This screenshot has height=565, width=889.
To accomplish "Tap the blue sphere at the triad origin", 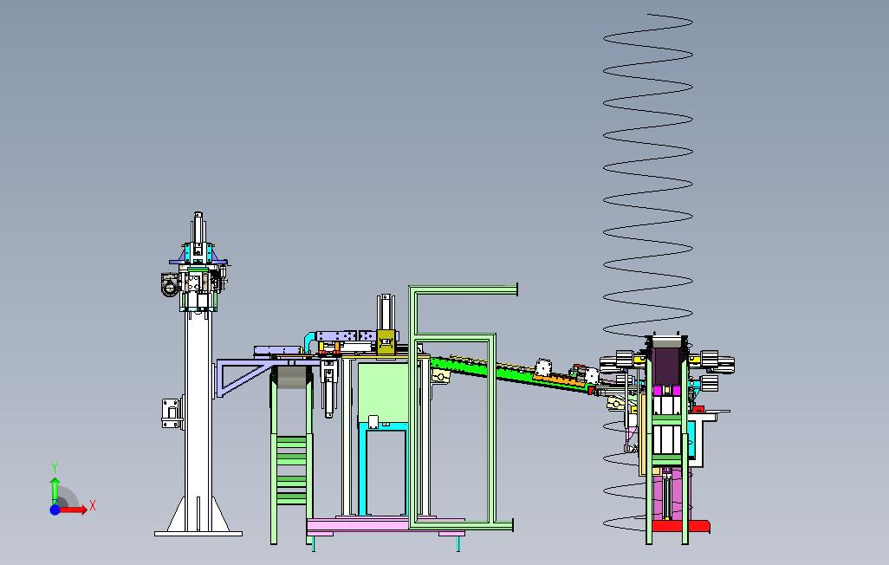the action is (x=55, y=510).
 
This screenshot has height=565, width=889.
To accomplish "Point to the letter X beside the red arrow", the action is (x=93, y=505).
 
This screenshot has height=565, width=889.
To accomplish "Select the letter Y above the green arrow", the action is (x=55, y=468).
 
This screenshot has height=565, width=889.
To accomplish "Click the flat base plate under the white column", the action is (x=198, y=533).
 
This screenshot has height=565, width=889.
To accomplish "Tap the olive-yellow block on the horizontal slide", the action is (x=386, y=342).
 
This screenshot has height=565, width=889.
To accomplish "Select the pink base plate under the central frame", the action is (x=386, y=525).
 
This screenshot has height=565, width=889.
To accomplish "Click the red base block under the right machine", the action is (x=681, y=526).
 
